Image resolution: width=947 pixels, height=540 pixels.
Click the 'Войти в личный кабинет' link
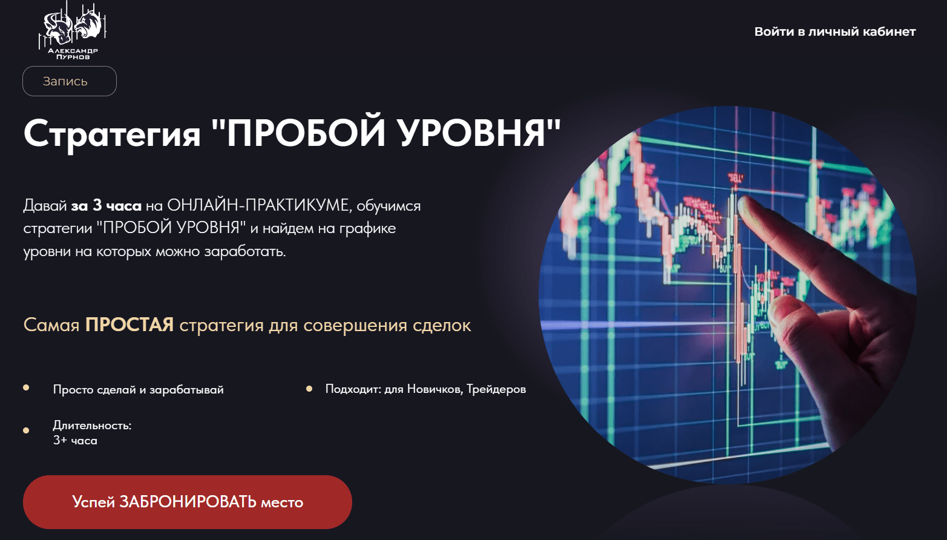click(835, 31)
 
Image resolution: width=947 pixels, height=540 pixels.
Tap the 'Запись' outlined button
click(70, 81)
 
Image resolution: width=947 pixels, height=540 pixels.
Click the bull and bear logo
click(72, 25)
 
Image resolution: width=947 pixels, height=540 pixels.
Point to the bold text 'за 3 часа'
click(106, 205)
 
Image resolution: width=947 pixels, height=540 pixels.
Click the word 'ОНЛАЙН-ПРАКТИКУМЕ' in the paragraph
click(258, 205)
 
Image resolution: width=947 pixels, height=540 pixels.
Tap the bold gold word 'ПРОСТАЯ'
click(129, 324)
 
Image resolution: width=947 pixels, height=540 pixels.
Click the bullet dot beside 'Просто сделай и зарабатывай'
click(26, 387)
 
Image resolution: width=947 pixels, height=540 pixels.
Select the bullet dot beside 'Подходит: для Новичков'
click(309, 389)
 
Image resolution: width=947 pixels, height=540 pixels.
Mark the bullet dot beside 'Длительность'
click(26, 430)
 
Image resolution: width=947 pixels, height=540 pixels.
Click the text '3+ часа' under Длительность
click(75, 441)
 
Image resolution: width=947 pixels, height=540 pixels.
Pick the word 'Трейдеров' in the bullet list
click(496, 389)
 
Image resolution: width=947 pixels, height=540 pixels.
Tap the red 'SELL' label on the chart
click(735, 178)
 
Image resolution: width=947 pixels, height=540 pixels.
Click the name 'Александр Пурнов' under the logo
click(73, 54)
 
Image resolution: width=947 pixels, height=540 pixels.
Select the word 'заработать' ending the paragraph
click(245, 252)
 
